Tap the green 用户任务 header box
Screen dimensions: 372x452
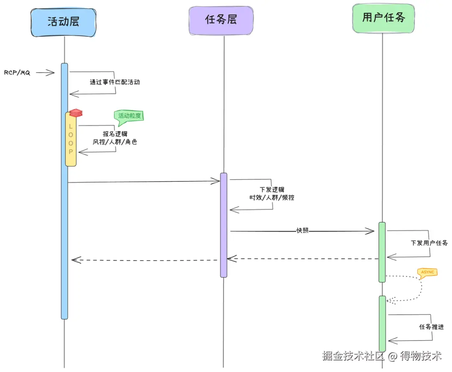click(383, 18)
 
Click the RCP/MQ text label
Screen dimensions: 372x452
click(17, 72)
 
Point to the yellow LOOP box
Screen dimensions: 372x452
click(71, 139)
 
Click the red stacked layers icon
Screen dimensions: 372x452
click(76, 113)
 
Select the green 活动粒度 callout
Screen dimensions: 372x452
click(129, 116)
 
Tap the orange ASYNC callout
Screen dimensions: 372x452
click(427, 272)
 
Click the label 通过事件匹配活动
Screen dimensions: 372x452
click(115, 82)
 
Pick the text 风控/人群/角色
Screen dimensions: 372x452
click(115, 142)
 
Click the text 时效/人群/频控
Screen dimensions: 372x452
click(272, 197)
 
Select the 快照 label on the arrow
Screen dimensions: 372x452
click(302, 230)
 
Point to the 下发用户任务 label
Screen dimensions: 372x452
click(429, 243)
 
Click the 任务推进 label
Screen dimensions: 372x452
click(431, 327)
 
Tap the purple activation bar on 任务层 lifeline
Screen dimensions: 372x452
click(224, 225)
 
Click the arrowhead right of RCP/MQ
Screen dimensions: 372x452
click(50, 73)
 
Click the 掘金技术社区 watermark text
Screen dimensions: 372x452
click(353, 356)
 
